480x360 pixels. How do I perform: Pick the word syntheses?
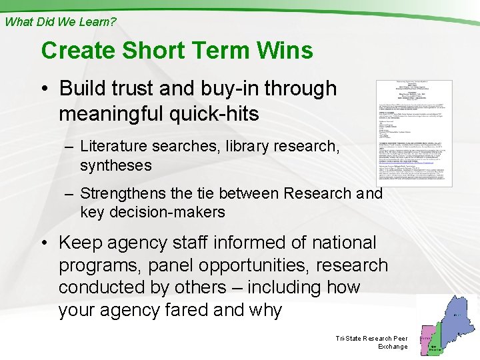coord(116,165)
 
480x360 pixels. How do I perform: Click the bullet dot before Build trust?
coord(49,89)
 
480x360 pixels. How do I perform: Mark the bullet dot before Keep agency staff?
coord(49,243)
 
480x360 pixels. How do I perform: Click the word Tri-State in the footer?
coord(349,339)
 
